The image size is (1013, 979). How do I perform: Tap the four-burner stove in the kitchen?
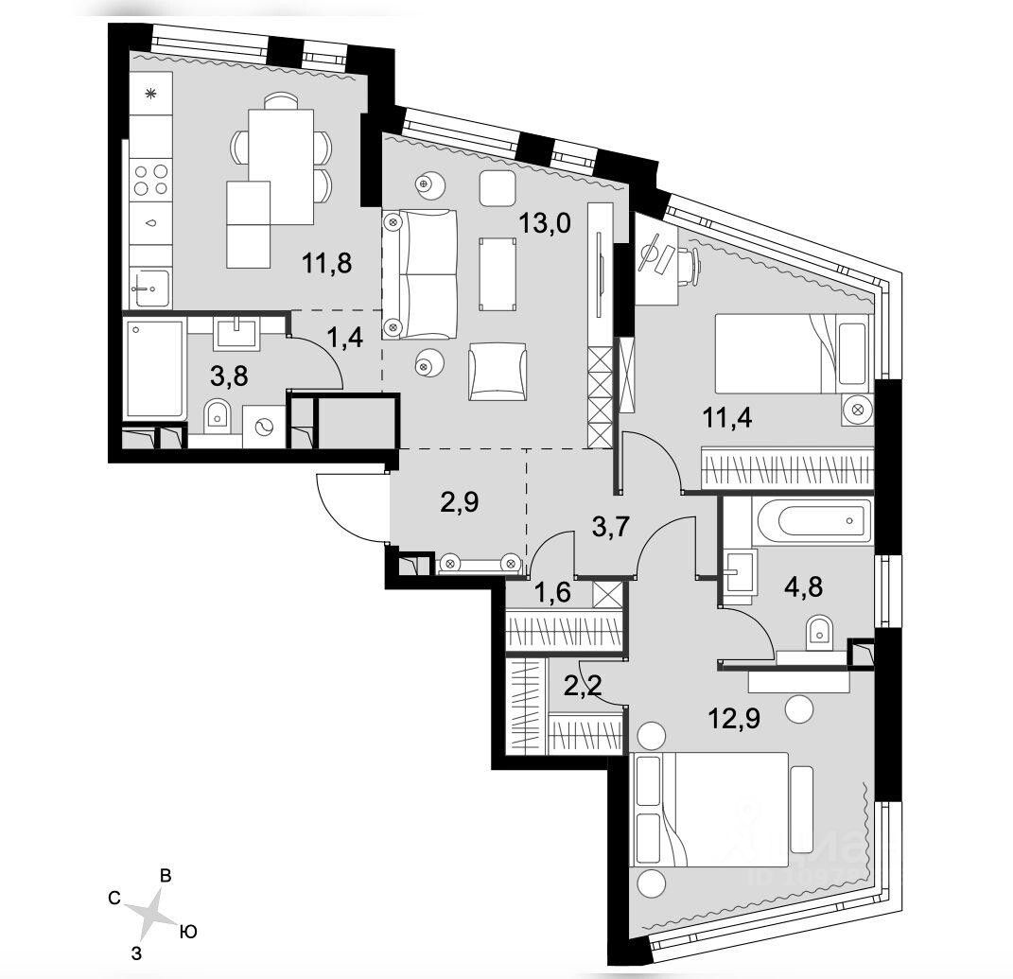click(150, 180)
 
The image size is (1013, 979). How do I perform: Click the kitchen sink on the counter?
click(150, 287)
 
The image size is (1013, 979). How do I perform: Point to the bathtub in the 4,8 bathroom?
click(812, 520)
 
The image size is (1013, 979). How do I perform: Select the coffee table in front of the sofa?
click(498, 274)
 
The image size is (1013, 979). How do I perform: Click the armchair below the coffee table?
click(496, 371)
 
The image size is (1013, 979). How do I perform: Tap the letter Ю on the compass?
click(187, 933)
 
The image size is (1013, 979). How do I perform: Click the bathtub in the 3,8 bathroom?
click(155, 369)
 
